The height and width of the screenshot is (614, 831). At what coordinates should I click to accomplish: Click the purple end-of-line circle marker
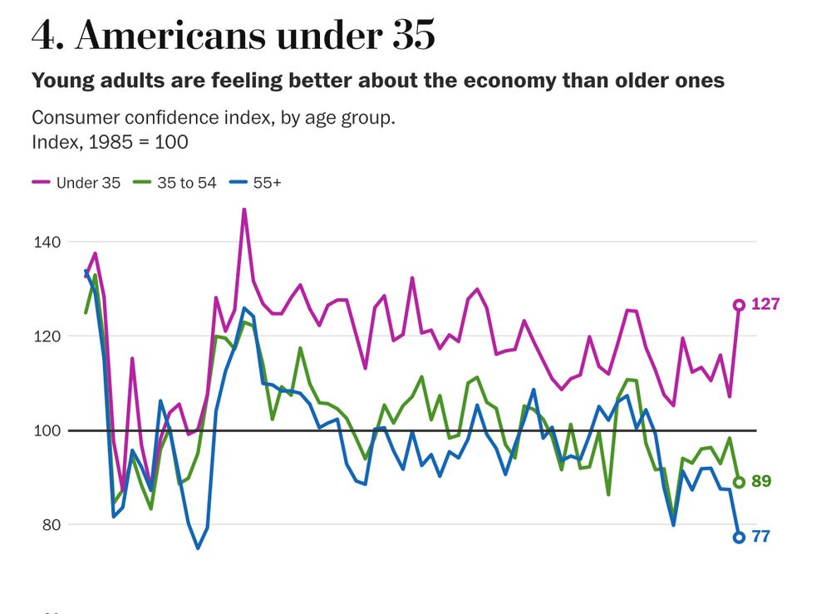(739, 305)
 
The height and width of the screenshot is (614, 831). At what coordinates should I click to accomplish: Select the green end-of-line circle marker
(739, 482)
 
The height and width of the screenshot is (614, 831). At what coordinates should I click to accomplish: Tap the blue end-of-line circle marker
(739, 538)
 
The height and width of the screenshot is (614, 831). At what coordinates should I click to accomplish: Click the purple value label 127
(765, 304)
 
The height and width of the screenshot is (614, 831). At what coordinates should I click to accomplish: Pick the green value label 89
(761, 482)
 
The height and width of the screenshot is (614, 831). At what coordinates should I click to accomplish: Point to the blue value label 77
(761, 537)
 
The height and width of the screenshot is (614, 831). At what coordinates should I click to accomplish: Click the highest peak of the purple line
(244, 209)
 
